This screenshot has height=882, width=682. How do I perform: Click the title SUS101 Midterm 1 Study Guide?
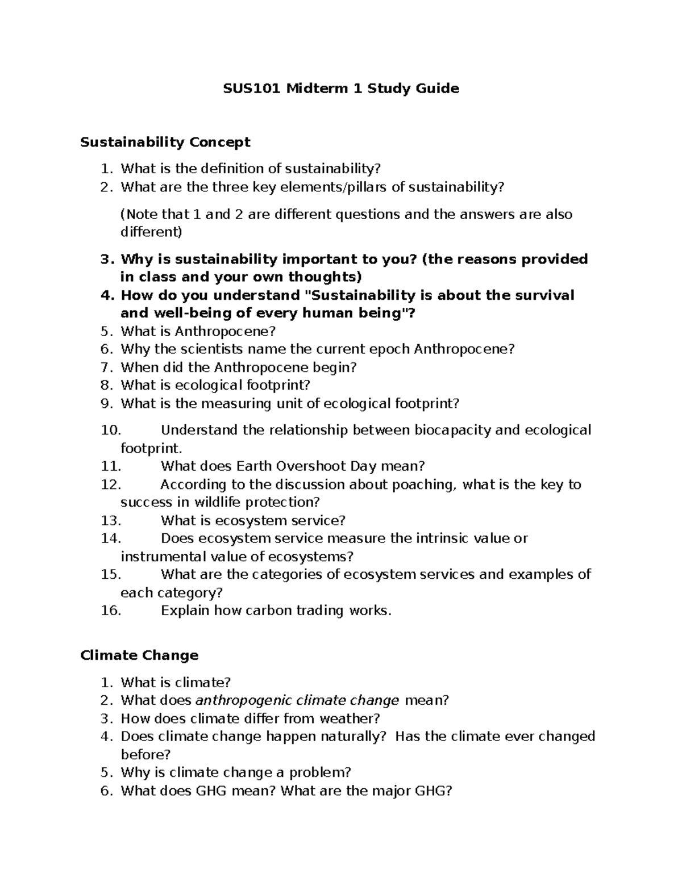[x=340, y=89]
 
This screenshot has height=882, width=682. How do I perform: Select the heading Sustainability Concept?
[x=165, y=142]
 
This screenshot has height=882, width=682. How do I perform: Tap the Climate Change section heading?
[x=139, y=655]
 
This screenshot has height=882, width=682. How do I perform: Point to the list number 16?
[x=111, y=611]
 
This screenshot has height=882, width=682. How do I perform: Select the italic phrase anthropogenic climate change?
[x=297, y=700]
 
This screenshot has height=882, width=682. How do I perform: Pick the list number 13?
[x=111, y=521]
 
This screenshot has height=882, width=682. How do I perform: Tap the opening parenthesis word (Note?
[x=139, y=215]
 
